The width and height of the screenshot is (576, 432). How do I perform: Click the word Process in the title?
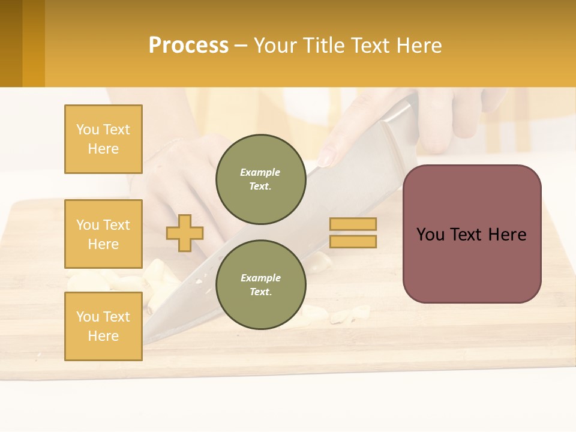[x=188, y=46]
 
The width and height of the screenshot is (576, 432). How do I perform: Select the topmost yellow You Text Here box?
[x=103, y=139]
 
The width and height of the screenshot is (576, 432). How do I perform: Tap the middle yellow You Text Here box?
[x=103, y=234]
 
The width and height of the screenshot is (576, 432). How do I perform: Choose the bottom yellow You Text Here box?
[x=103, y=326]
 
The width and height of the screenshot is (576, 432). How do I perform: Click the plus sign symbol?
[x=185, y=232]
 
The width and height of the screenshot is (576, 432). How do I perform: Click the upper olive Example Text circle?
[x=261, y=179]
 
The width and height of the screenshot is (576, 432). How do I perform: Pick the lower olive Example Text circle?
[x=261, y=285]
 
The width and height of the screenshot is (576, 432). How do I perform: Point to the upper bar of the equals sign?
[x=353, y=224]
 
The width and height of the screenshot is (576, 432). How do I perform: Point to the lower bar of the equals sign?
[x=353, y=242]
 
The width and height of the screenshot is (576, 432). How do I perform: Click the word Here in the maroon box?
[x=507, y=235]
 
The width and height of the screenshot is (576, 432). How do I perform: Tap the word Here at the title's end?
[x=419, y=46]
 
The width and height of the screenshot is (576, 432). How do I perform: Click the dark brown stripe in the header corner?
[x=11, y=43]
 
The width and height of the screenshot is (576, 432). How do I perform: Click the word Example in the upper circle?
[x=260, y=172]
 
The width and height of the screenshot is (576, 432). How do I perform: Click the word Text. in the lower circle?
[x=260, y=292]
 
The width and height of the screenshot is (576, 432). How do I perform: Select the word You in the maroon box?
[x=430, y=235]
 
